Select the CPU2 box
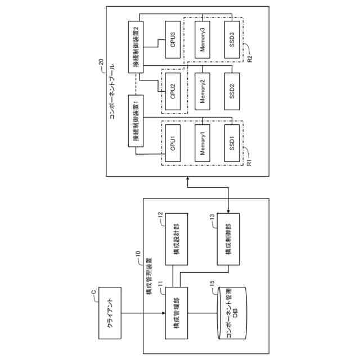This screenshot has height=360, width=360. click(174, 90)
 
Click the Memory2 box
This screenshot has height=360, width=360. click(204, 90)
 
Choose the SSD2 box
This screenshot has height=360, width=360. click(233, 90)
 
